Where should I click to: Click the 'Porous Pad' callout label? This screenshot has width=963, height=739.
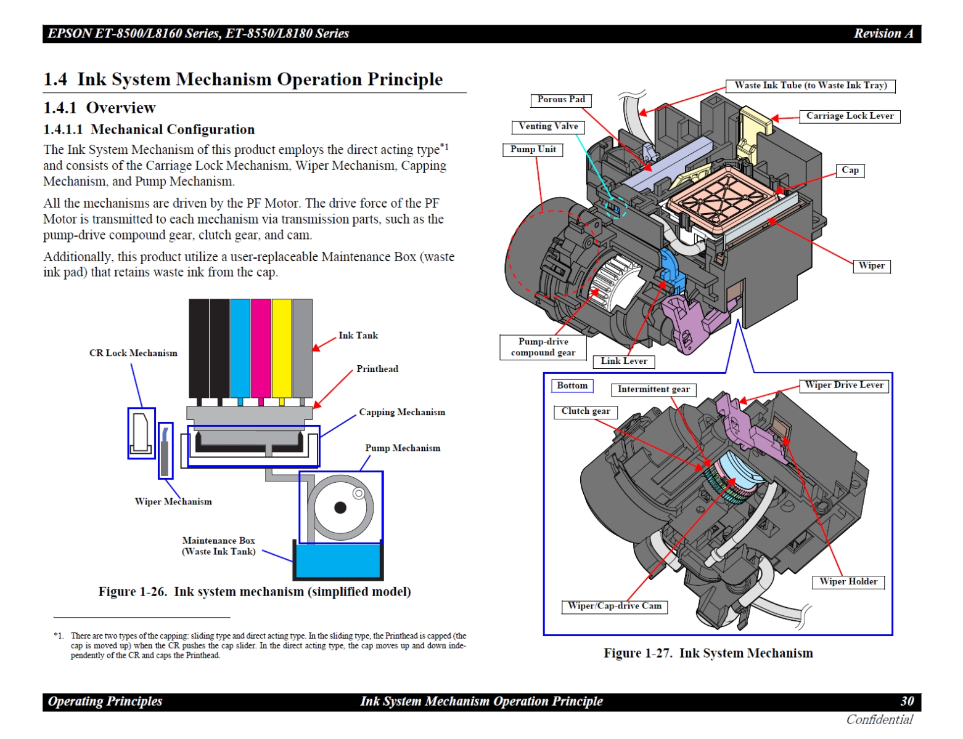click(560, 100)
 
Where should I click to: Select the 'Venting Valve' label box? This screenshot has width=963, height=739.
click(547, 127)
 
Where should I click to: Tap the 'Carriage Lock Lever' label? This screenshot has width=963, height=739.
click(849, 116)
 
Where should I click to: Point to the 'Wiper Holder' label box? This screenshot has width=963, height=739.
click(848, 582)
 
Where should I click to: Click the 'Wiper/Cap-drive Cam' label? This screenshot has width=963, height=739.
click(614, 607)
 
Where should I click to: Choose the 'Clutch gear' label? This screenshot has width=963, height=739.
click(585, 411)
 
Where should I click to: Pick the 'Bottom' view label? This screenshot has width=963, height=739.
click(572, 386)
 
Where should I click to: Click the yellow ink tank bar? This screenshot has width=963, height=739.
click(282, 348)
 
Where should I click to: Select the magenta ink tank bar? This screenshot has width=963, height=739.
click(261, 348)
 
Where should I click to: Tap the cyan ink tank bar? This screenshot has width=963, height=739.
click(240, 348)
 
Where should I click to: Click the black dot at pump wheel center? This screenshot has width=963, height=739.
click(340, 507)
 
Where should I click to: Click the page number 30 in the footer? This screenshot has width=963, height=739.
click(906, 701)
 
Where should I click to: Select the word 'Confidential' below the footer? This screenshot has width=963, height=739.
click(879, 720)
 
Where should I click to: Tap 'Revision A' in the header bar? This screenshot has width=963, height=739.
click(882, 34)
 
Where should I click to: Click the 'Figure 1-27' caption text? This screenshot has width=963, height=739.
click(708, 653)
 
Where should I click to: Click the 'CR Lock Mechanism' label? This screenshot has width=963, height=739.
click(133, 353)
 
